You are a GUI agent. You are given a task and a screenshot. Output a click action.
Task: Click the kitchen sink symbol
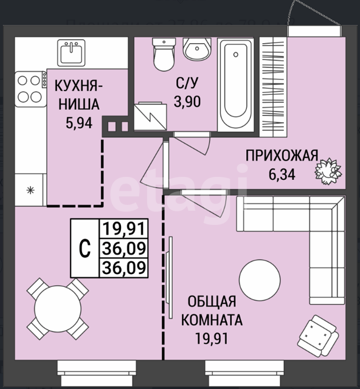click(71, 53)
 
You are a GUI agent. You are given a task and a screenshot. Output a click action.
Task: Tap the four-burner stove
click(31, 89)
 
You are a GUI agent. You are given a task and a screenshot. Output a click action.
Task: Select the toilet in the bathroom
click(164, 54)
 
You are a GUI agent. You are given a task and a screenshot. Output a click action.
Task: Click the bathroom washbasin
click(197, 49)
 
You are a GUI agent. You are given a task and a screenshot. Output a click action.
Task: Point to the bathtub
click(235, 84)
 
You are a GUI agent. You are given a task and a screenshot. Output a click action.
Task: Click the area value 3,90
click(187, 102)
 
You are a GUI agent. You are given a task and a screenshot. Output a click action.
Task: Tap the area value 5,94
click(79, 123)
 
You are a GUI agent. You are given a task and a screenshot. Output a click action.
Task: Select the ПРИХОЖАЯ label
click(282, 156)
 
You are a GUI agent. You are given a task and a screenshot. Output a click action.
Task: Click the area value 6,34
click(282, 174)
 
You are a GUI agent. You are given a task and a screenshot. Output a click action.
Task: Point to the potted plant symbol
click(328, 171)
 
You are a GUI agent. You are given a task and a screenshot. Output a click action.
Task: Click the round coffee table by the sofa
click(260, 280)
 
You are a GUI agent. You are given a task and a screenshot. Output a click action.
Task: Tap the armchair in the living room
click(318, 336)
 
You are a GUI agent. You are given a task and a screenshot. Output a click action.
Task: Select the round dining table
click(58, 309)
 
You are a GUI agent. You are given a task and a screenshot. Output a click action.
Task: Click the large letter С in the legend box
click(85, 249)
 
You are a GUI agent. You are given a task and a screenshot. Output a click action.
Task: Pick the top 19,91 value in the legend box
click(123, 229)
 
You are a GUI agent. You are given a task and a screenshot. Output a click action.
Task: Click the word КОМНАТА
click(212, 320)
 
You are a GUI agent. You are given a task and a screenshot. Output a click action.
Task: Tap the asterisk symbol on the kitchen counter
click(30, 190)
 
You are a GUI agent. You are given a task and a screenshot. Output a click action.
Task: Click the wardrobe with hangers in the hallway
click(273, 87)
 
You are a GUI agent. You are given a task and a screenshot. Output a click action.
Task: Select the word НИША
click(79, 104)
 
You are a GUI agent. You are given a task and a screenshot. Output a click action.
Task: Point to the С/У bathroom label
click(187, 83)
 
